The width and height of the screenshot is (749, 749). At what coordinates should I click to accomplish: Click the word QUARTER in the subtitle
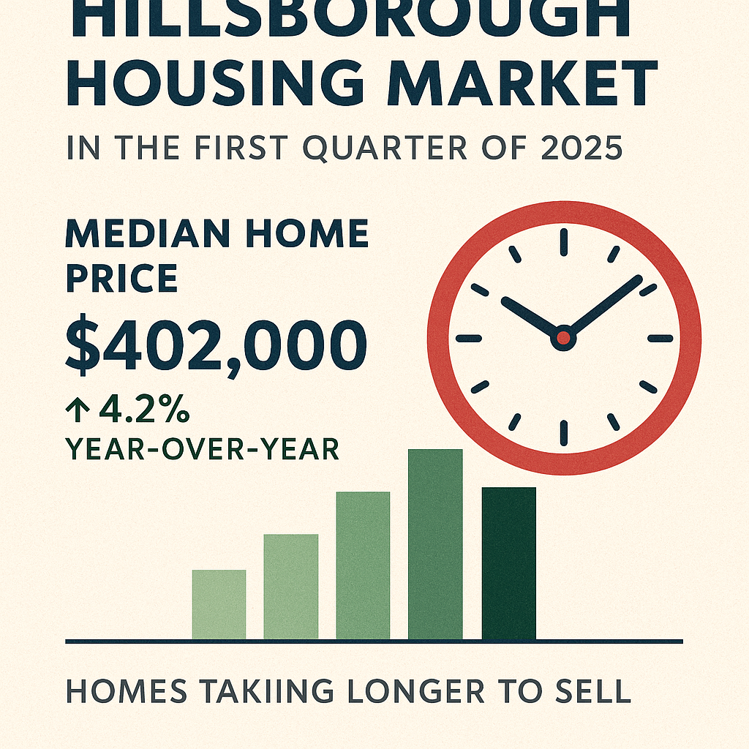tap(385, 148)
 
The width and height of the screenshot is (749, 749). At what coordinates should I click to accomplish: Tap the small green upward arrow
tap(77, 411)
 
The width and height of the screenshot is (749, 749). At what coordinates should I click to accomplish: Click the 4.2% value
tap(144, 410)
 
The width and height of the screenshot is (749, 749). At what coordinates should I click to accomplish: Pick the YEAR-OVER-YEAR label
tap(202, 449)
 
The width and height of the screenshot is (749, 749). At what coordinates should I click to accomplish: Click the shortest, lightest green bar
tap(219, 604)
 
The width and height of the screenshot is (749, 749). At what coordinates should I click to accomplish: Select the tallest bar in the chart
tap(435, 544)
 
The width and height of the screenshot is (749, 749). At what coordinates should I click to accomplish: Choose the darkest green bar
tap(509, 563)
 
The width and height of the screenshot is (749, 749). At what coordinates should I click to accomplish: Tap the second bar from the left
tap(291, 587)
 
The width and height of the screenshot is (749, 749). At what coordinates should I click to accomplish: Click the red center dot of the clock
tap(564, 338)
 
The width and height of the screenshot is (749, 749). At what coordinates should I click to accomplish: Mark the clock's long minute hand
tap(603, 306)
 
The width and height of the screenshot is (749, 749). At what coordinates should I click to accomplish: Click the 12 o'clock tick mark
tap(564, 242)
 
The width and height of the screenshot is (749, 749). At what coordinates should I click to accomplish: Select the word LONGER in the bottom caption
tap(415, 690)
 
